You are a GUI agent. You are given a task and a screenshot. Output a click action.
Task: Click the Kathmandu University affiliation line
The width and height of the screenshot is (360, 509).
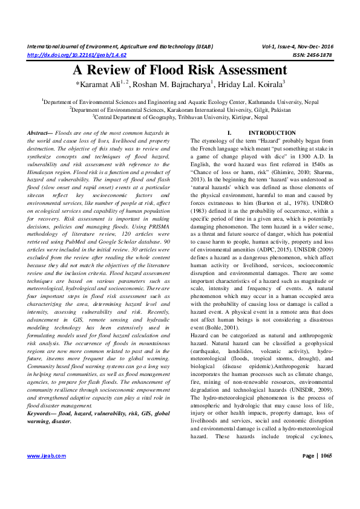(x=180, y=103)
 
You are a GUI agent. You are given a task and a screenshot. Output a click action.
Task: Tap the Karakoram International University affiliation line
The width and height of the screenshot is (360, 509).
(x=180, y=111)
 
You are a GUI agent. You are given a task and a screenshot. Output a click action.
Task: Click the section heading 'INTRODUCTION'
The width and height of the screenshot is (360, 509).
(x=264, y=132)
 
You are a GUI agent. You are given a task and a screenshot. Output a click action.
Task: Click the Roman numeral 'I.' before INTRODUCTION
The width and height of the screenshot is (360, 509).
(x=229, y=132)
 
